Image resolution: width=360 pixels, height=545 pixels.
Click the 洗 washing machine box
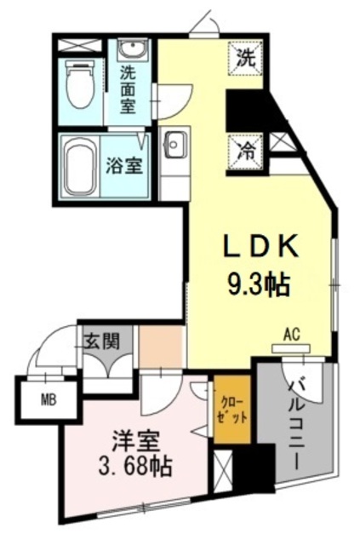click(x=245, y=59)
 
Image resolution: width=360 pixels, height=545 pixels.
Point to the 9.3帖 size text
click(x=258, y=282)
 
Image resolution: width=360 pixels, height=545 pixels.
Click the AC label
click(x=292, y=334)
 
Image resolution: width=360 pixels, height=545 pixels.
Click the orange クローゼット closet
click(x=231, y=410)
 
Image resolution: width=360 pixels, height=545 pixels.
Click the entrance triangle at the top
click(x=203, y=25)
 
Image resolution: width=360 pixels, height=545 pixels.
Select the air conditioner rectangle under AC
click(x=292, y=347)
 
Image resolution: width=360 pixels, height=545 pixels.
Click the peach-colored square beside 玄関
click(x=161, y=345)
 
